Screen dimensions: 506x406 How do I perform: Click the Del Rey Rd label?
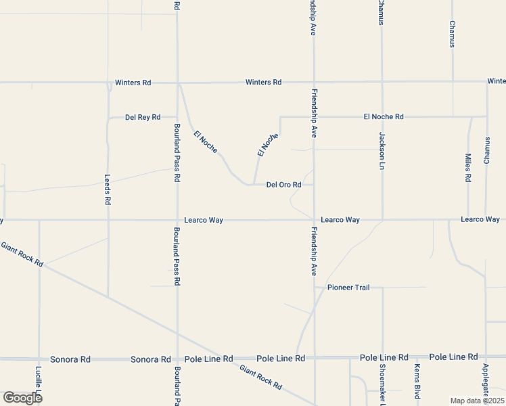click(x=143, y=117)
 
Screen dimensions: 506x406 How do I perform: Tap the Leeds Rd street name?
click(x=108, y=190)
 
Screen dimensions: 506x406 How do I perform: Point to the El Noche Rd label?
click(x=383, y=116)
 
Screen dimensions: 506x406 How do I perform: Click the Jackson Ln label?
click(x=382, y=150)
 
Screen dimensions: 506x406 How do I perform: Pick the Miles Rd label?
click(x=468, y=168)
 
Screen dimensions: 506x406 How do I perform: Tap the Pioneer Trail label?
click(x=348, y=288)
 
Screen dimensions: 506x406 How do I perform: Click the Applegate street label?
click(x=486, y=382)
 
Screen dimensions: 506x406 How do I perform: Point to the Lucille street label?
click(x=39, y=382)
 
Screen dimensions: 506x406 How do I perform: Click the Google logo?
click(x=22, y=397)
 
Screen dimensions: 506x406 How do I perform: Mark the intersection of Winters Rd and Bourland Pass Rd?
click(x=177, y=83)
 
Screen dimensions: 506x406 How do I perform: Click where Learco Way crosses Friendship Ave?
click(x=314, y=220)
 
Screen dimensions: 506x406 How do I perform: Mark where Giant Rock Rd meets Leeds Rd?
click(x=108, y=296)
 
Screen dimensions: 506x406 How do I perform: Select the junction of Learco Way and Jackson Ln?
click(x=382, y=220)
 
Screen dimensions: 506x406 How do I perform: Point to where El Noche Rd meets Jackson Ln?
click(x=382, y=116)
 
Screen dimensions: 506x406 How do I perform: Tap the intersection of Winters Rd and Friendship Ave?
click(x=314, y=83)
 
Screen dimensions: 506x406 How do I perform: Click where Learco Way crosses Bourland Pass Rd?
click(x=177, y=220)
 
